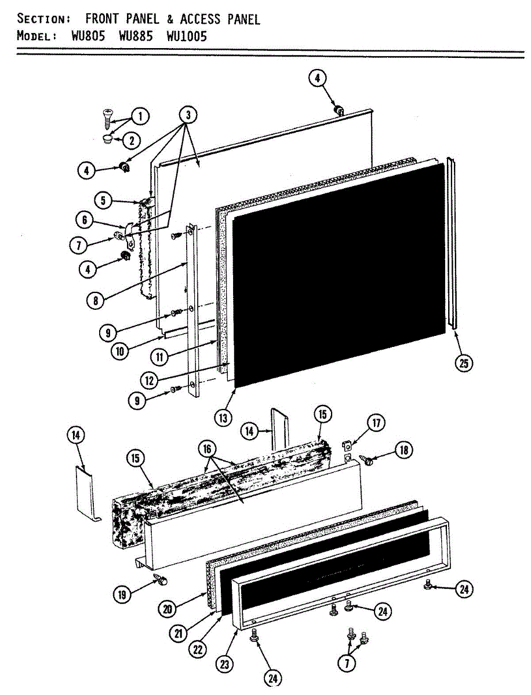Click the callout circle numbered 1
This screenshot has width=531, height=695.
(139, 117)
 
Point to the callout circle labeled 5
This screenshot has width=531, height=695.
(103, 201)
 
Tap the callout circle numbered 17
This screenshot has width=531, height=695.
(376, 423)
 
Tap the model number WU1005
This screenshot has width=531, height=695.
(186, 36)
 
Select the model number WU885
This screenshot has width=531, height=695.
(136, 36)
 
